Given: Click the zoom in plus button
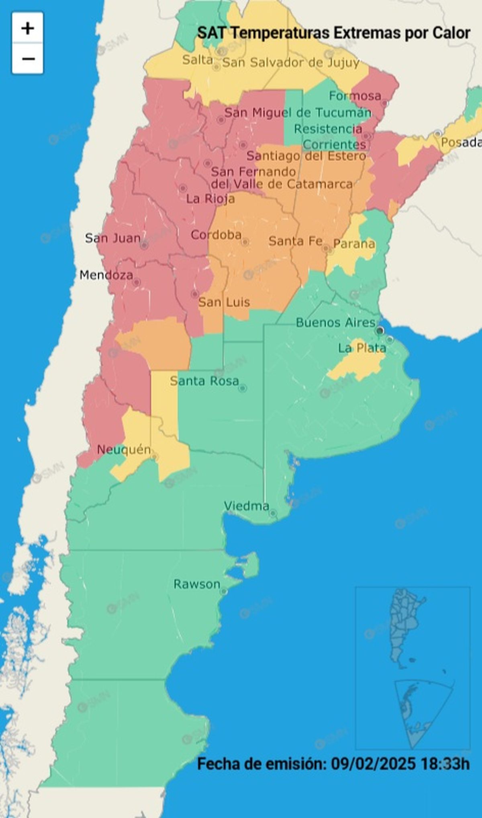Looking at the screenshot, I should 27,28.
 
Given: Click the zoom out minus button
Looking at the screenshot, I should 27,59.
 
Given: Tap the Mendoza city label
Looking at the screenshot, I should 106,275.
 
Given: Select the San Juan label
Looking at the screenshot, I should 112,238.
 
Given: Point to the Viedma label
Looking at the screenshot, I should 246,506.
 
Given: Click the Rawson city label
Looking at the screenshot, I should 197,584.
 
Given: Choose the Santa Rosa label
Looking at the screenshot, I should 204,381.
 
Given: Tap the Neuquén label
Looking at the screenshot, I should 124,450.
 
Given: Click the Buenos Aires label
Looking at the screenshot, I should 335,323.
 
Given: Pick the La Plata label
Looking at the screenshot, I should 362,348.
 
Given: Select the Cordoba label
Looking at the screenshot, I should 216,235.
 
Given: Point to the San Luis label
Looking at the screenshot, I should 224,302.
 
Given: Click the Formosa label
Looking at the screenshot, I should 355,96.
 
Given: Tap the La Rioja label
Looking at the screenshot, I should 210,199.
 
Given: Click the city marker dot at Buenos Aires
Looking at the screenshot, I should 380,331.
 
